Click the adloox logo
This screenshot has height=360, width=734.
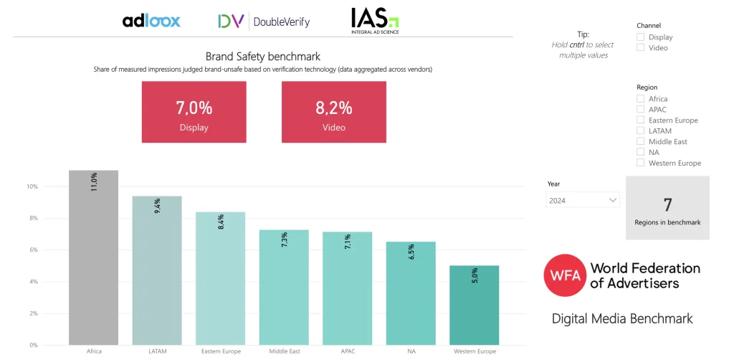click(x=151, y=21)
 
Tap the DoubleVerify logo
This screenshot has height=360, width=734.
click(x=264, y=22)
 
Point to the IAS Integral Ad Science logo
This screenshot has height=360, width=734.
click(x=375, y=21)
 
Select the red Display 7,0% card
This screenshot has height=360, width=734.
click(x=194, y=111)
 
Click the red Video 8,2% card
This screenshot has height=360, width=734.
click(x=333, y=111)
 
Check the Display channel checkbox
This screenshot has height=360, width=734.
click(x=641, y=37)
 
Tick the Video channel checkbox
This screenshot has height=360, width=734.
click(x=641, y=48)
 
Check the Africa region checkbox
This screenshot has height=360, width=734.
click(x=641, y=99)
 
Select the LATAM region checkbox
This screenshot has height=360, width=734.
click(x=641, y=131)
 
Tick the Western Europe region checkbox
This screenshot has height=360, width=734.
click(x=641, y=163)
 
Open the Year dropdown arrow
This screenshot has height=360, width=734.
click(x=613, y=201)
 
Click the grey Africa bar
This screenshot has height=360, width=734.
click(x=93, y=258)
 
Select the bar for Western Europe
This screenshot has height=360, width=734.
click(x=475, y=305)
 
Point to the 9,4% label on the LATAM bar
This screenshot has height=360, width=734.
click(x=157, y=207)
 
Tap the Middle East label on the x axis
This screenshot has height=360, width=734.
click(x=284, y=351)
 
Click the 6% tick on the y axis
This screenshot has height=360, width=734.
click(x=32, y=250)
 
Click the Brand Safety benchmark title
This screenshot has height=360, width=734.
click(x=262, y=56)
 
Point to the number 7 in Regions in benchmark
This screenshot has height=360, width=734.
click(x=667, y=205)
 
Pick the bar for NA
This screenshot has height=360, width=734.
click(x=411, y=293)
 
